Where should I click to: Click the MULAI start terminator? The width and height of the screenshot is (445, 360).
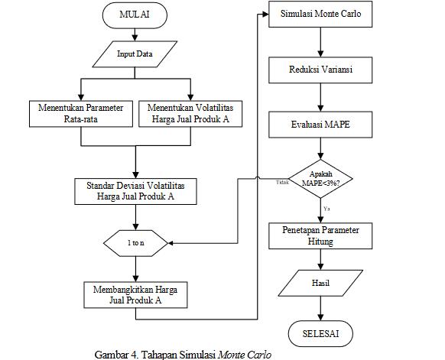tap(135, 15)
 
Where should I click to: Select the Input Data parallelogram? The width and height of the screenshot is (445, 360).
tap(135, 54)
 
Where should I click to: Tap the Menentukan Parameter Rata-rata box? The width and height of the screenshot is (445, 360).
tap(81, 114)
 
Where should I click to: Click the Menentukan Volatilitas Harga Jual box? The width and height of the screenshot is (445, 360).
tap(190, 114)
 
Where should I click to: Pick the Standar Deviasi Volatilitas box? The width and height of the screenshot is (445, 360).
tap(135, 191)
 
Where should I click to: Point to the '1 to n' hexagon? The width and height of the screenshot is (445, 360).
tap(135, 243)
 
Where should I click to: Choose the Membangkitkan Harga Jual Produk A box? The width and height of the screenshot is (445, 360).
tap(135, 295)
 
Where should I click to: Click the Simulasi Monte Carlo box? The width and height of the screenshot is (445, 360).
tap(320, 14)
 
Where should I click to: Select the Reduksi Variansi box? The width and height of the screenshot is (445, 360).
tap(320, 70)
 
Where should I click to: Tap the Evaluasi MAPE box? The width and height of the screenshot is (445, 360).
tap(320, 125)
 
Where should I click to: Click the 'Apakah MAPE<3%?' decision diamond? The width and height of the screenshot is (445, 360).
tap(320, 179)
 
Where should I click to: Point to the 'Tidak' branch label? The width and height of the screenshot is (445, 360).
tap(282, 182)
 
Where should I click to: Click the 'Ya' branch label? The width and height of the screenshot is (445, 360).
tap(326, 209)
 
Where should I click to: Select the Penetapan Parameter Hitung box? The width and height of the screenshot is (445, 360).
tap(320, 235)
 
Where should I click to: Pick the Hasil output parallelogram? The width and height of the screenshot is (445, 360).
tap(320, 283)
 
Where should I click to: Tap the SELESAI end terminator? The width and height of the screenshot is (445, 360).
tap(320, 333)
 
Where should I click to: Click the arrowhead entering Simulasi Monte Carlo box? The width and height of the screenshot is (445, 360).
tap(265, 15)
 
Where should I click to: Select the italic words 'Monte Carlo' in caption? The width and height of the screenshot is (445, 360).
tap(245, 355)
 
